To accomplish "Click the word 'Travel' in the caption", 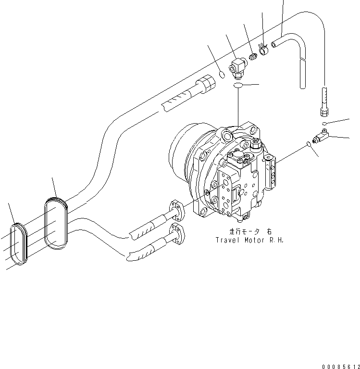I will point(227,240).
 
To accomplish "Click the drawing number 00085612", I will point(339,366).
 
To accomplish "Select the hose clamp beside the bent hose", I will point(263,48).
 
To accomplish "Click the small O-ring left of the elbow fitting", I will point(222,75).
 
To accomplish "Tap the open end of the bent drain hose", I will point(274,44).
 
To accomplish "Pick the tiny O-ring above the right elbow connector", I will point(325,124).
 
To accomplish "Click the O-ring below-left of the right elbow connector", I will point(308,144).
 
